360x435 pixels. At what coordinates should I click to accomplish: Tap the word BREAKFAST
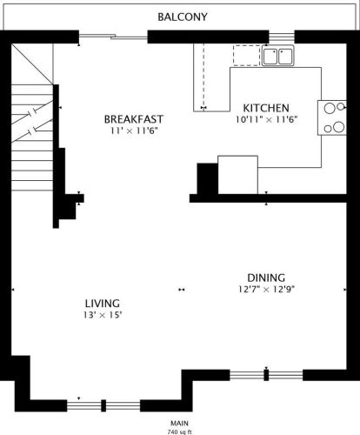point(134,119)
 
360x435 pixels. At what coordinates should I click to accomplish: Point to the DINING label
point(266,278)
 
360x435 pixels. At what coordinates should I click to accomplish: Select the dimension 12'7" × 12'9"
point(266,290)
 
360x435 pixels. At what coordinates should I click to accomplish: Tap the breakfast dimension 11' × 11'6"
point(134,130)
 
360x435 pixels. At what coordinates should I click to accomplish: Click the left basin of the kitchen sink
point(271,57)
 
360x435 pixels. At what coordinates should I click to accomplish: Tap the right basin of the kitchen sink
point(285,57)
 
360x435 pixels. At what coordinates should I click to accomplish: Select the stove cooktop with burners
point(333,117)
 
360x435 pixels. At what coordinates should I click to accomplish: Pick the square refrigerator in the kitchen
point(237,175)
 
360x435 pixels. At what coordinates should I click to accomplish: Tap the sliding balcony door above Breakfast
point(113,36)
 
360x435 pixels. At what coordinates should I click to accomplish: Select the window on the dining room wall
point(267,375)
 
